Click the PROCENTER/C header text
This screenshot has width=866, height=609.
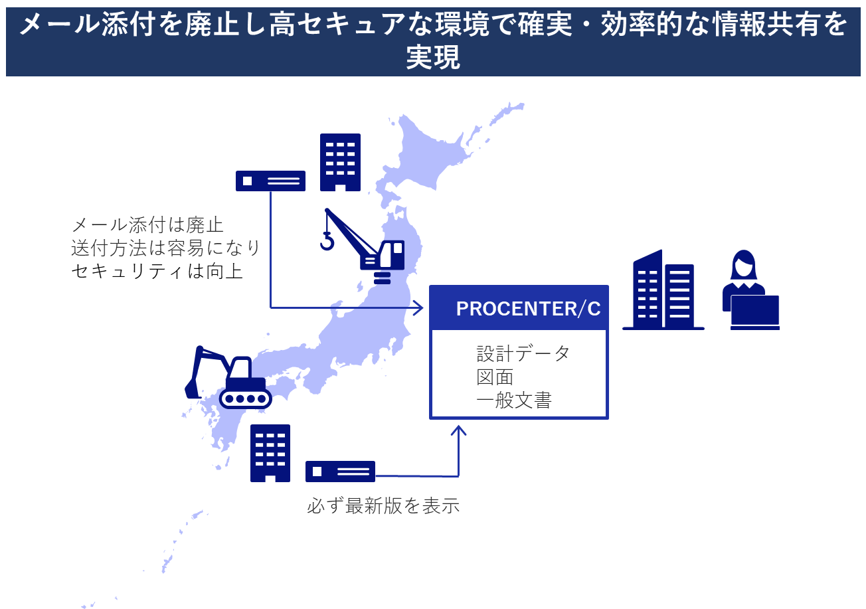[x=528, y=308]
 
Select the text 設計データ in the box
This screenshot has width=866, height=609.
[x=523, y=353]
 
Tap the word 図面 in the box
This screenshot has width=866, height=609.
[x=495, y=377]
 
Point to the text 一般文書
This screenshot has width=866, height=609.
[x=514, y=400]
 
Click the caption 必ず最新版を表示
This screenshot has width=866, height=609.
[x=383, y=505]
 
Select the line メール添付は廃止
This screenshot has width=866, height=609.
[x=147, y=225]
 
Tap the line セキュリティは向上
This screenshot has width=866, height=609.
[x=157, y=271]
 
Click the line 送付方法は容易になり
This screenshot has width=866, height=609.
[x=165, y=248]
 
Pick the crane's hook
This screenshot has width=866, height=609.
[x=327, y=241]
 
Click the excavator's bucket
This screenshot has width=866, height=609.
[x=192, y=390]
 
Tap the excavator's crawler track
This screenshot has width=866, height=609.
[x=246, y=398]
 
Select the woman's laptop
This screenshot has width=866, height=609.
[x=754, y=312]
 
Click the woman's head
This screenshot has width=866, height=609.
[x=743, y=264]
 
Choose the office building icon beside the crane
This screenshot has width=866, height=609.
[x=340, y=163]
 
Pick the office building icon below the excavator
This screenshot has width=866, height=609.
[x=270, y=453]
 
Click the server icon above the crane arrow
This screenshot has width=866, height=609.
[x=271, y=181]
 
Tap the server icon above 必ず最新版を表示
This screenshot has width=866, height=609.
[x=340, y=472]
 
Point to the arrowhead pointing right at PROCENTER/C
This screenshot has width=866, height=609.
[x=418, y=307]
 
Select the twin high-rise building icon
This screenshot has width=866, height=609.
[x=663, y=290]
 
